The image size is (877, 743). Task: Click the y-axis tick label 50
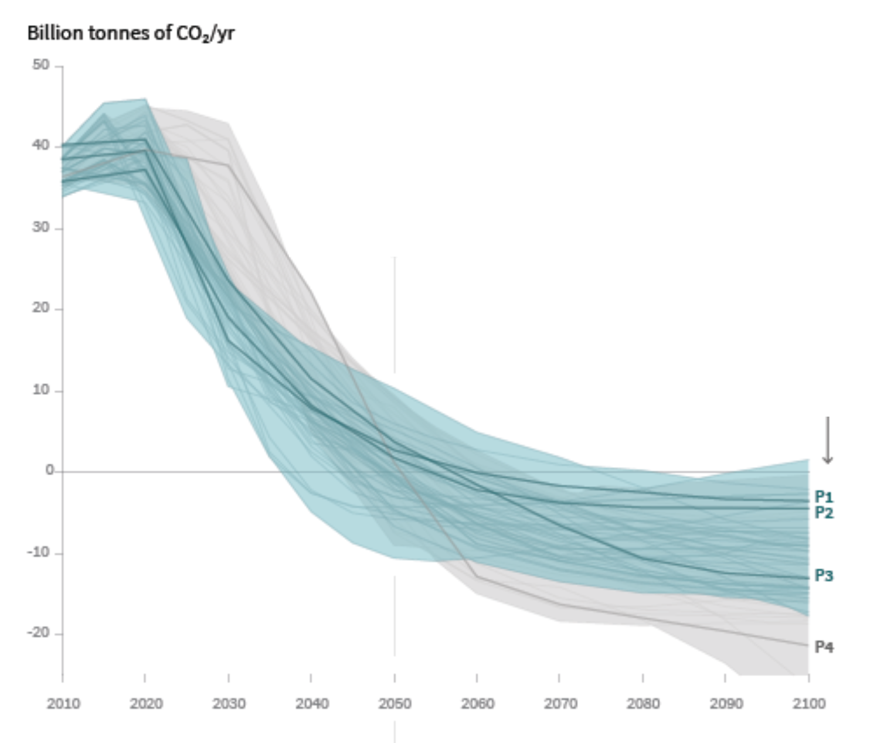41,65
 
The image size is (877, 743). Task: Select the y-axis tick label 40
41,146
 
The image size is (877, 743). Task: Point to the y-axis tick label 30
41,227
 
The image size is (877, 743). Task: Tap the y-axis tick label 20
41,308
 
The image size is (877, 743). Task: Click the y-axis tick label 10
41,390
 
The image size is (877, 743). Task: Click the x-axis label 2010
63,703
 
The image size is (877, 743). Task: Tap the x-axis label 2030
229,703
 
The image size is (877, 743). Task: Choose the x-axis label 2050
395,703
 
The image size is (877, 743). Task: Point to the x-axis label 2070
560,703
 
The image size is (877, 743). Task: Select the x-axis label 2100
809,703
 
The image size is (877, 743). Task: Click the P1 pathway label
824,497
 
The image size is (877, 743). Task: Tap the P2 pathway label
824,513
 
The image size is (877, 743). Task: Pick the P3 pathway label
824,576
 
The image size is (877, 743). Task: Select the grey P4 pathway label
824,647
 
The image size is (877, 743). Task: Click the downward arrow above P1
827,440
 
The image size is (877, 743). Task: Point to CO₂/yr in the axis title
205,34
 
